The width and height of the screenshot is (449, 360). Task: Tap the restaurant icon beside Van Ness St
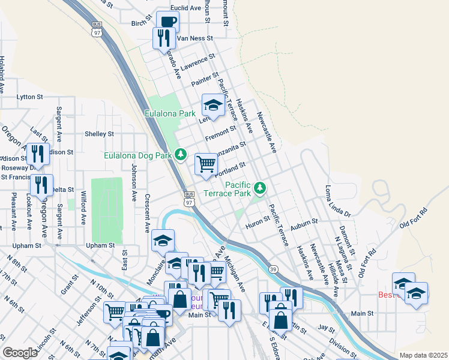(164, 38)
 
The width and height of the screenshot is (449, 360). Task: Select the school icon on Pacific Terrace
(212, 106)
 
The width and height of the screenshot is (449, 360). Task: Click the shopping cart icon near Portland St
(206, 163)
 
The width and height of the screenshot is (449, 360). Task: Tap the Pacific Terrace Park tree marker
(259, 188)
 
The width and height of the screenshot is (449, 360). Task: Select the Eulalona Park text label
(170, 113)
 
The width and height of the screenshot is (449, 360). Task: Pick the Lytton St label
(30, 96)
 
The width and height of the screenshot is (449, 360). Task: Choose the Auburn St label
(303, 223)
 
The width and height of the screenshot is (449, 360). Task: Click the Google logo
(20, 353)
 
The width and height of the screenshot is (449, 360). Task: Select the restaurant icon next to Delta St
(41, 185)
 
